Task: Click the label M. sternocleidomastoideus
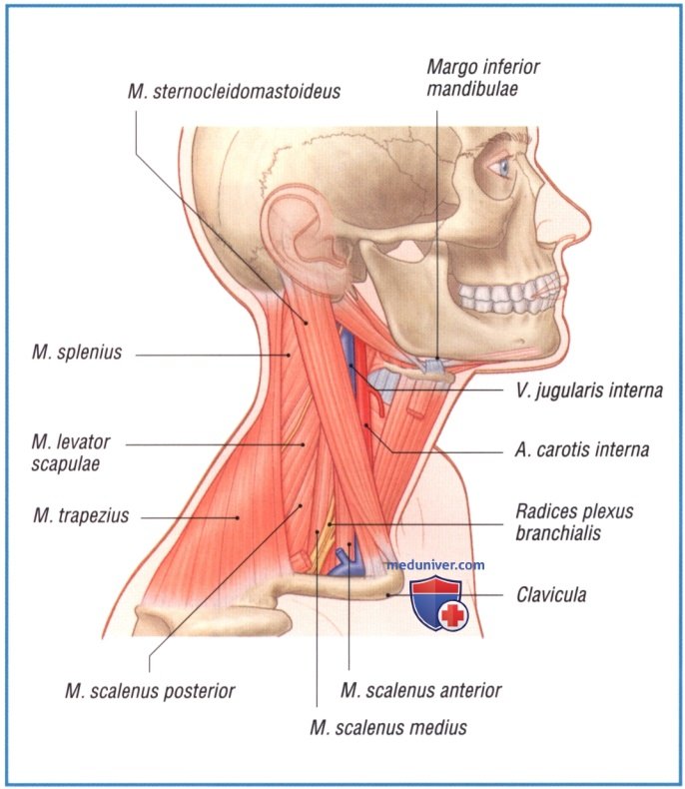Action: click(x=235, y=92)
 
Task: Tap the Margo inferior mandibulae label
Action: click(x=483, y=78)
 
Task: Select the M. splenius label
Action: click(x=77, y=353)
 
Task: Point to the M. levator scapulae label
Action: click(x=71, y=452)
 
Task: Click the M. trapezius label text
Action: click(x=81, y=515)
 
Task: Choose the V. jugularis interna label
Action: click(x=589, y=391)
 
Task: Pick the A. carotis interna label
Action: click(x=582, y=449)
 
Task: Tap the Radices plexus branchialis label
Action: click(x=574, y=522)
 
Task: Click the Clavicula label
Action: click(x=551, y=595)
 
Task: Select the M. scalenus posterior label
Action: click(x=150, y=691)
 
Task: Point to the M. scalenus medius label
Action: click(x=388, y=728)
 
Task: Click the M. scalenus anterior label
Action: click(x=421, y=691)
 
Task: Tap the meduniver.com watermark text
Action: click(x=435, y=565)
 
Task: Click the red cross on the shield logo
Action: click(x=453, y=615)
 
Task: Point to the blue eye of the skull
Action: click(x=504, y=166)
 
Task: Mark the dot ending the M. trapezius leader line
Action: click(x=238, y=517)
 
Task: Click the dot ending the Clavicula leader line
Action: click(x=387, y=595)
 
